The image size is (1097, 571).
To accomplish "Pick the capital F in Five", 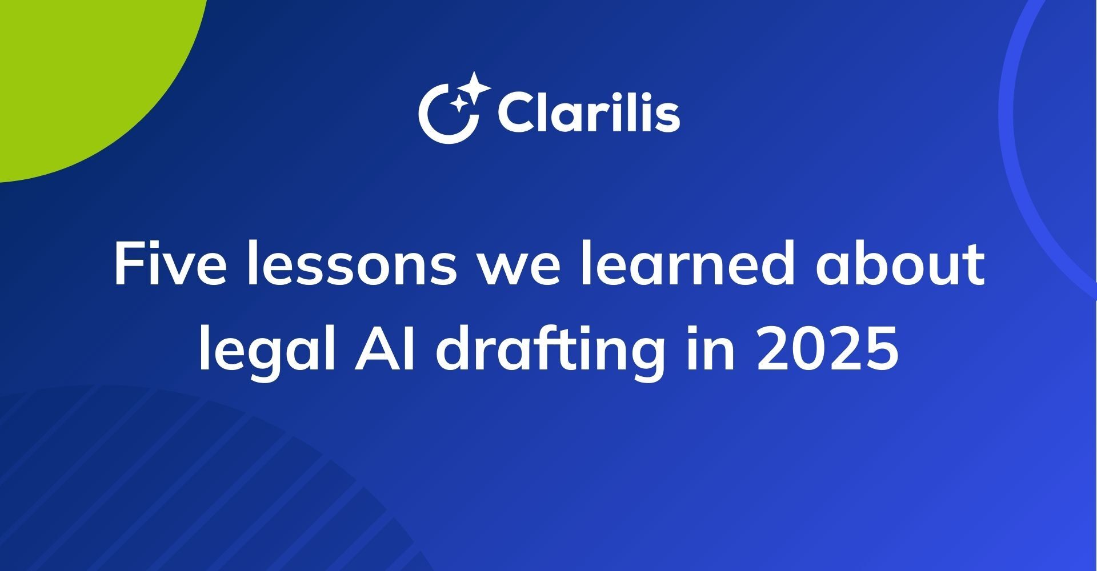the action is pyautogui.click(x=128, y=265).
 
